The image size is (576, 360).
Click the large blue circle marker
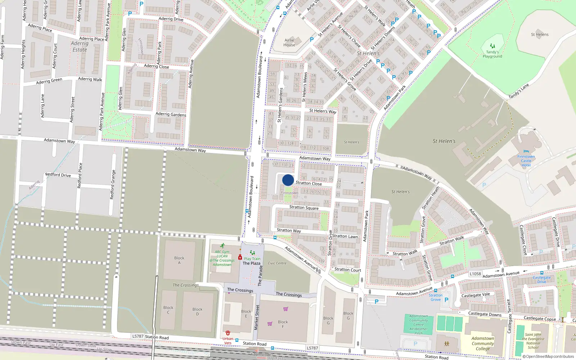[x=288, y=180]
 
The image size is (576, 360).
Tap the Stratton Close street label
[x=309, y=183]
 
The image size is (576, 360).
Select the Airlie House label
[x=289, y=42]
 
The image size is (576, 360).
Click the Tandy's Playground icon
[x=492, y=46]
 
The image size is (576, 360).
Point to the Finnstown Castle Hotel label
[x=526, y=161]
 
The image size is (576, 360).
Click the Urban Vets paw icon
[x=228, y=333]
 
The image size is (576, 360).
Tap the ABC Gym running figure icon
[x=222, y=246]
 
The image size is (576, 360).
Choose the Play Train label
[x=252, y=259]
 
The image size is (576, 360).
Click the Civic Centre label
[x=277, y=263]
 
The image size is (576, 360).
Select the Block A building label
[x=179, y=260]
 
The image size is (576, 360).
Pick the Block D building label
[x=197, y=311]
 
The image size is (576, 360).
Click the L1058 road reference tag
[x=475, y=274]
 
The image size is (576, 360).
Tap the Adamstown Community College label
[x=483, y=343]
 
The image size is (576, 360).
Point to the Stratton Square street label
[x=304, y=207]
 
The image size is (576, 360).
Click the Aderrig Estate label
[x=80, y=46]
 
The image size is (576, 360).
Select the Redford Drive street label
[x=58, y=175]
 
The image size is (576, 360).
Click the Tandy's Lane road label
[x=519, y=91]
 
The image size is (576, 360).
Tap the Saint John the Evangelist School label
[x=533, y=341]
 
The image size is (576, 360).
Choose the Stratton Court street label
[x=347, y=270]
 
